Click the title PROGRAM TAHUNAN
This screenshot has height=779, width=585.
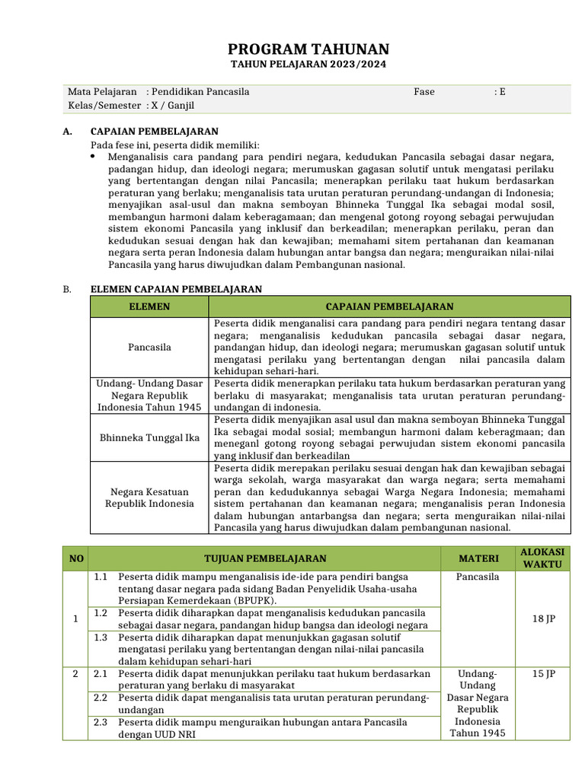(308, 49)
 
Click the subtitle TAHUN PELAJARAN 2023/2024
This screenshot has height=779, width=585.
(308, 65)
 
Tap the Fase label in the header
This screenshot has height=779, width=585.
(424, 92)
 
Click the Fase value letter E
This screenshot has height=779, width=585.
(501, 92)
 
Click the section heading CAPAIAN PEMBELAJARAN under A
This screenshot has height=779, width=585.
(155, 132)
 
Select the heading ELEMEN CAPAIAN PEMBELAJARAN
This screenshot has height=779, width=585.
(176, 289)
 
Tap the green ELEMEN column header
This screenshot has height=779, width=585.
(149, 307)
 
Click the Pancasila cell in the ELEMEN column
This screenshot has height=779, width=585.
(149, 347)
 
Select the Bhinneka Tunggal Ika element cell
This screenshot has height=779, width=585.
(149, 437)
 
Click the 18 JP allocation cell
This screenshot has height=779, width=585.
(543, 618)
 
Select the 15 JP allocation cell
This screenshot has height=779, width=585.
(543, 674)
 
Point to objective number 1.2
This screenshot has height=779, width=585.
(101, 612)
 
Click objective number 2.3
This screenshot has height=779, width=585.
(101, 722)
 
